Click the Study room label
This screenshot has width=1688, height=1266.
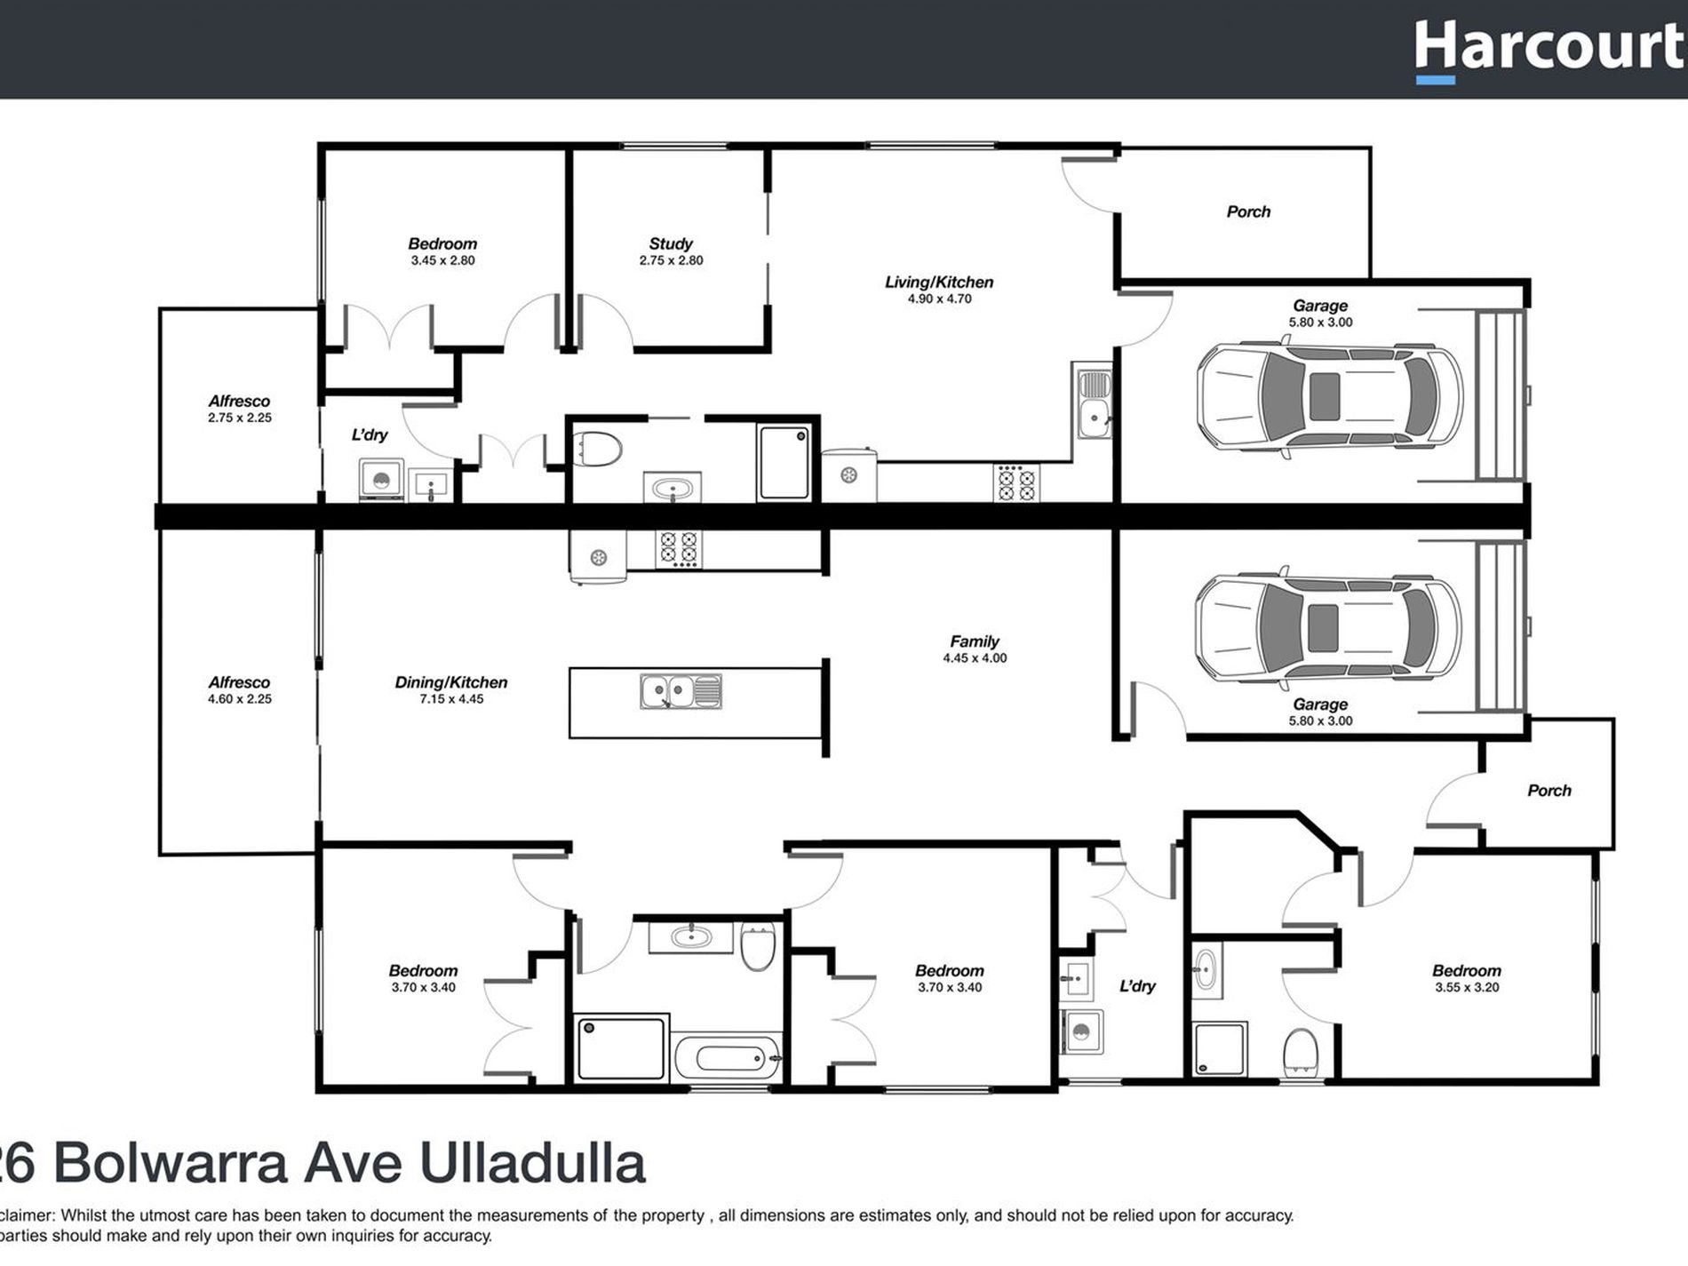[x=671, y=243]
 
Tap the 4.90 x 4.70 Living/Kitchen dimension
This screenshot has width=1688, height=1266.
[x=939, y=299]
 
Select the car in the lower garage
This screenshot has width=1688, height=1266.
[x=1327, y=627]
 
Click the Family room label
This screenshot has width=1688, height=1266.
[x=975, y=641]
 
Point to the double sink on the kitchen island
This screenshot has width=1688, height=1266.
[x=681, y=691]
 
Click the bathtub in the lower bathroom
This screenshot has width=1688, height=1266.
[x=728, y=1058]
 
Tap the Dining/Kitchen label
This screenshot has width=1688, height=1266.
[x=451, y=682]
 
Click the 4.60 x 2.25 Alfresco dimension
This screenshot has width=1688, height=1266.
[x=240, y=699]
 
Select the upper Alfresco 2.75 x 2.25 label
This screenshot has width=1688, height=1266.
[x=239, y=402]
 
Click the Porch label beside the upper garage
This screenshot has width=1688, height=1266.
[x=1248, y=211]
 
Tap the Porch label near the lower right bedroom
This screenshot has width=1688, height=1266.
[x=1549, y=791]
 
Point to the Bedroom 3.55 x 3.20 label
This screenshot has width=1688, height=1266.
[x=1466, y=971]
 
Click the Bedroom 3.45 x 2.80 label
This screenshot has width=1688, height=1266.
[x=442, y=243]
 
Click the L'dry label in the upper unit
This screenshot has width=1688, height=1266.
[x=370, y=434]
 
